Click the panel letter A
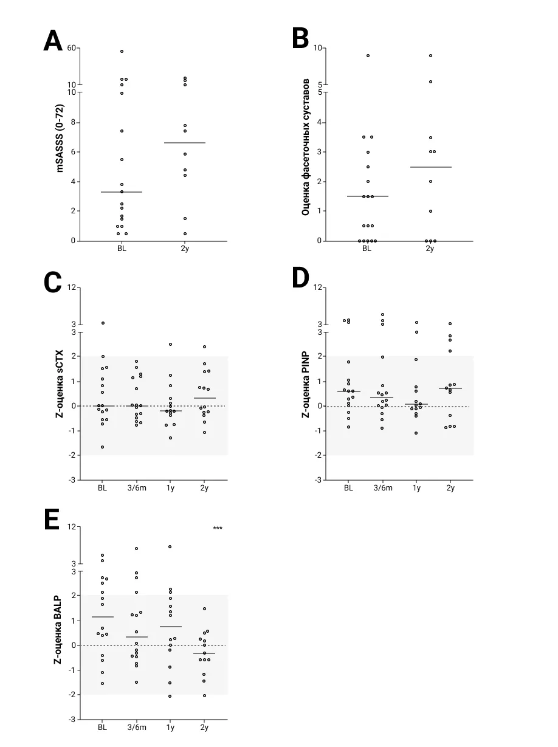pyautogui.click(x=53, y=41)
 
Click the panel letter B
pyautogui.click(x=300, y=39)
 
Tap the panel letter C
pyautogui.click(x=53, y=283)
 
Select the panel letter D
pyautogui.click(x=300, y=278)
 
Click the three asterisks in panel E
pyautogui.click(x=218, y=528)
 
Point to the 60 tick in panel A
pyautogui.click(x=72, y=48)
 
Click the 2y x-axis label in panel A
pyautogui.click(x=185, y=249)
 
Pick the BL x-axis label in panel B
pyautogui.click(x=367, y=249)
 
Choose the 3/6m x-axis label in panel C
pyautogui.click(x=137, y=488)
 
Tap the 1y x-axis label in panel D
pyautogui.click(x=416, y=488)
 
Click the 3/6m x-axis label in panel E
pyautogui.click(x=137, y=728)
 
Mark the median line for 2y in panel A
pyautogui.click(x=185, y=143)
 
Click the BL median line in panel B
pyautogui.click(x=367, y=196)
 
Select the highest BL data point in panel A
pyautogui.click(x=122, y=52)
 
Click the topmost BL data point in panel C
pyautogui.click(x=103, y=323)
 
